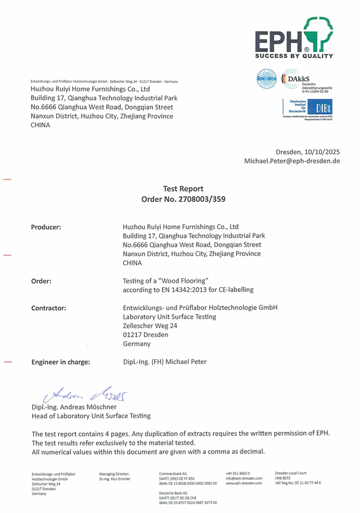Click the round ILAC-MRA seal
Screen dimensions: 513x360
click(x=267, y=79)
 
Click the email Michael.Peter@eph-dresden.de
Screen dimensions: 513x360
click(x=292, y=161)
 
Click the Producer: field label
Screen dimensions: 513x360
click(x=46, y=227)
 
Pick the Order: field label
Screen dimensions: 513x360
click(x=41, y=281)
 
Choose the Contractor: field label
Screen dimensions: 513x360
click(x=48, y=308)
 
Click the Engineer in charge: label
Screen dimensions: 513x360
click(x=60, y=362)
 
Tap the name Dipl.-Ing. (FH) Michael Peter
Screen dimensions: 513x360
click(x=165, y=362)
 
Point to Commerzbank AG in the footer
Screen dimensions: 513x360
click(x=173, y=473)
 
